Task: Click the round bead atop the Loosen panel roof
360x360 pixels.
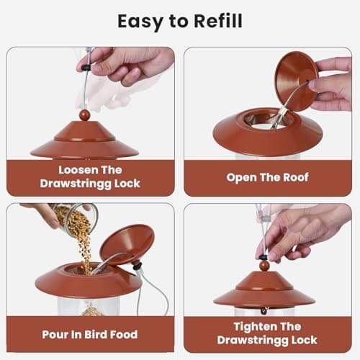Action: (x=85, y=115)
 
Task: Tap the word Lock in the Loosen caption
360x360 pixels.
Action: (x=127, y=183)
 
